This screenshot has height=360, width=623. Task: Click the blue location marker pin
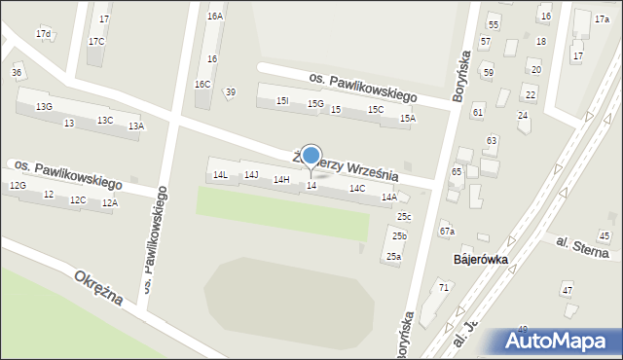point(311,157)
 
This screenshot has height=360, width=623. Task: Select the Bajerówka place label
point(481,261)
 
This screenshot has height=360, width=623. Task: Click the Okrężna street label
point(98,287)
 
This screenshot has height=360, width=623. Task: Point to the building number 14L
point(221,175)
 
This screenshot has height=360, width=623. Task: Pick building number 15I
point(282,100)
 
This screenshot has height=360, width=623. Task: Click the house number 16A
point(215,17)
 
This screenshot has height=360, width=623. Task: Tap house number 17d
point(43,34)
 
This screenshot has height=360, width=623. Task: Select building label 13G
point(44,106)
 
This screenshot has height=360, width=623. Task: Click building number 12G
point(18,185)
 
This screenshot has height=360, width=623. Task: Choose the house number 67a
point(447,231)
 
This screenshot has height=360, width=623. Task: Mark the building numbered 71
point(444,287)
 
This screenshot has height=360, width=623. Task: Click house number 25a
point(393,257)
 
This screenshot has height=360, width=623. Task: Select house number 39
point(230,92)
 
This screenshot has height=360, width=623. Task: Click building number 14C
point(357,188)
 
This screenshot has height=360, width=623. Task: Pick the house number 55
point(494,23)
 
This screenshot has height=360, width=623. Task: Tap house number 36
point(17,73)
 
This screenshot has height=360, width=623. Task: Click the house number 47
point(567,290)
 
